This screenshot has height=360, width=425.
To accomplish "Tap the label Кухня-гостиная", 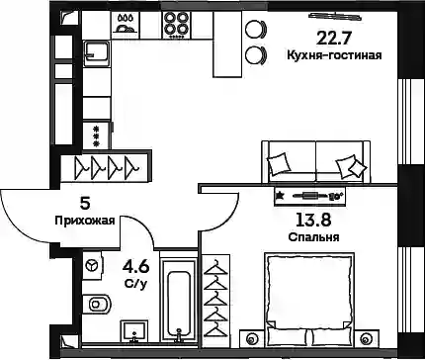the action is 334,55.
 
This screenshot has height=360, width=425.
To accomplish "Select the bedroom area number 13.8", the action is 313,220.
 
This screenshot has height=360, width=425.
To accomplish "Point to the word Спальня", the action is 313,236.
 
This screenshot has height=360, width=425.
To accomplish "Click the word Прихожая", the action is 85,221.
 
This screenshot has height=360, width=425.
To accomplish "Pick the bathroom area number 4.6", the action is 135,267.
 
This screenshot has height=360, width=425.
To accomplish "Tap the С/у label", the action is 135,284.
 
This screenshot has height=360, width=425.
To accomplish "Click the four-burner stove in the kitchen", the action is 174,25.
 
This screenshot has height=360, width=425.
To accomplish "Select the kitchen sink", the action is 97,53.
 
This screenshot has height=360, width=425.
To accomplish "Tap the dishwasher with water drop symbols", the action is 126,25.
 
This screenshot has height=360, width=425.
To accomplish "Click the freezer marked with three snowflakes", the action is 97,135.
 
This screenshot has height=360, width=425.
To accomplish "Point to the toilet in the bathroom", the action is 97,304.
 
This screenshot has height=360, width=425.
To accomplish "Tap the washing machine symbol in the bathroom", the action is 92,265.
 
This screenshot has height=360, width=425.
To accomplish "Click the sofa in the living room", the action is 316,161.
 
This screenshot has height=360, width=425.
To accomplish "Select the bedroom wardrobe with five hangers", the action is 215,301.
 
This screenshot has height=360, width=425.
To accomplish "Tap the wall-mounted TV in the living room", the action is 334,15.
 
